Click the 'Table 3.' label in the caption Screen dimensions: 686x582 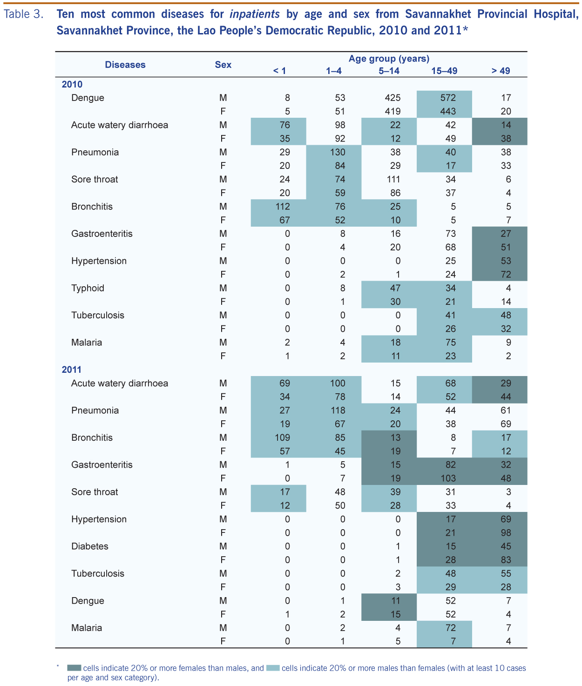coord(24,14)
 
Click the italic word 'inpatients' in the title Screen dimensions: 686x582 coord(255,14)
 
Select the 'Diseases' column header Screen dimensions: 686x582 coord(125,65)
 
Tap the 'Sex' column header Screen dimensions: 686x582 coord(223,65)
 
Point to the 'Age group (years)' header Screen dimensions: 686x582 coord(389,59)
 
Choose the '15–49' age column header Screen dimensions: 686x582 coord(444,71)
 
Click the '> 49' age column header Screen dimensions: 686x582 coord(501,71)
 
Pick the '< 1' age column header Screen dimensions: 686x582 coord(279,71)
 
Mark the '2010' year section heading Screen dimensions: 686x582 coord(72,84)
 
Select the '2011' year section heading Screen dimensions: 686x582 coord(72,370)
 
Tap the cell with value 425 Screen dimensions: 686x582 coord(393,98)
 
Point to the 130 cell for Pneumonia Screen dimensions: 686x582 coord(338,152)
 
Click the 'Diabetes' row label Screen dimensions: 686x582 coord(90,546)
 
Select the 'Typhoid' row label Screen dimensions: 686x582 coord(88,288)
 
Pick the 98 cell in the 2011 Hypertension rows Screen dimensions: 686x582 coord(506,532)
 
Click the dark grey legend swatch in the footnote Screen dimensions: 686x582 coord(74,668)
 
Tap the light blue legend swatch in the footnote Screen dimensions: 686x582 coord(273,668)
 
